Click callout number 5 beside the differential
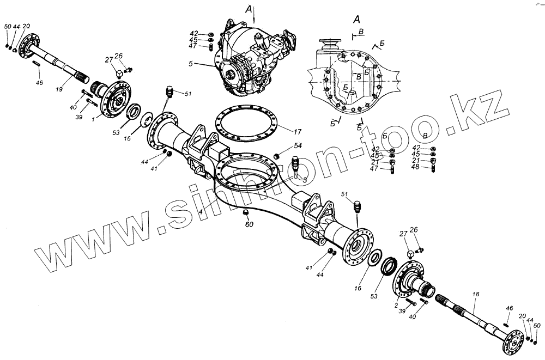pyautogui.click(x=205, y=63)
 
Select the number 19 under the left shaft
pyautogui.click(x=59, y=88)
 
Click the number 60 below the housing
pyautogui.click(x=249, y=223)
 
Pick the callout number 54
pyautogui.click(x=298, y=146)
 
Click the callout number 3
pyautogui.click(x=305, y=180)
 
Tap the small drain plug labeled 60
pyautogui.click(x=245, y=211)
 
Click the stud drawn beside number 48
pyautogui.click(x=433, y=168)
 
